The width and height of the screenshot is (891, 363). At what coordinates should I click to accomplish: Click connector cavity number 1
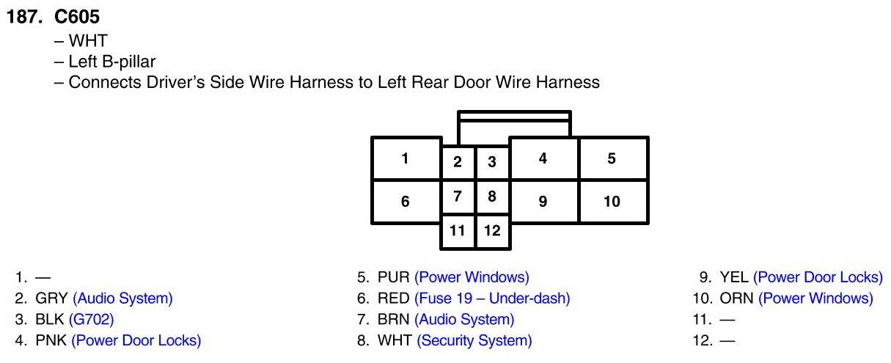tap(405, 158)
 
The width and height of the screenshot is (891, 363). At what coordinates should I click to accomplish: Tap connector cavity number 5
tap(612, 158)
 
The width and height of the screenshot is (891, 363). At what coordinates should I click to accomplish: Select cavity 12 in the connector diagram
tap(492, 231)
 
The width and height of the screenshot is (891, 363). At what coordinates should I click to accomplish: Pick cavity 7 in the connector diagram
tap(458, 197)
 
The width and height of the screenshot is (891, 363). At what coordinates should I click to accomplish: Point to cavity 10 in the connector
tap(612, 201)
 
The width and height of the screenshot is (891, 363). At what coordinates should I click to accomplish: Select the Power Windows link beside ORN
tap(815, 298)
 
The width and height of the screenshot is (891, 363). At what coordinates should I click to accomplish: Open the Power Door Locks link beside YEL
tap(818, 277)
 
